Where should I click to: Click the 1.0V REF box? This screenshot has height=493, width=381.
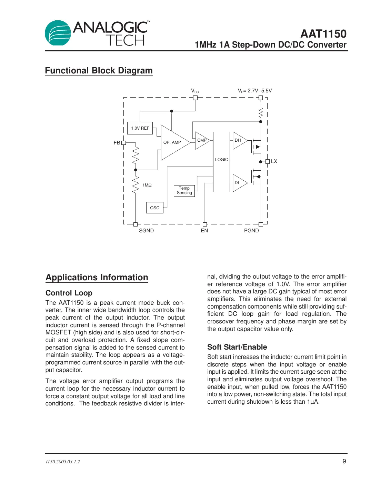(140, 128)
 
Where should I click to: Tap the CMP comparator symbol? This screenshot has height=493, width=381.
(202, 140)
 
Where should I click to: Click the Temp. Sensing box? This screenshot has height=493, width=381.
(184, 191)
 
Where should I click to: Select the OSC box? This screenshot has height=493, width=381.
(155, 208)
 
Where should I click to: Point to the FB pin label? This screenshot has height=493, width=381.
(117, 143)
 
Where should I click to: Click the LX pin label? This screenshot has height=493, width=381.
(274, 161)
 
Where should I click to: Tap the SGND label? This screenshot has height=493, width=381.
(146, 231)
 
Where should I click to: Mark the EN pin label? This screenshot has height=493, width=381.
(204, 231)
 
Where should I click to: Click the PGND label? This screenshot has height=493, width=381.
(251, 231)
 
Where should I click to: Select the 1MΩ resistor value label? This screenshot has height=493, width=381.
(147, 185)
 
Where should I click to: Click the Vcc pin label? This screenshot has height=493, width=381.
(195, 91)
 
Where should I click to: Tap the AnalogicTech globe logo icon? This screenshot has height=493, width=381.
(58, 33)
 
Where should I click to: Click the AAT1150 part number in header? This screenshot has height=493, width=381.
(323, 34)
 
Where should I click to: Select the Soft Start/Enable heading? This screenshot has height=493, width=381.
(237, 347)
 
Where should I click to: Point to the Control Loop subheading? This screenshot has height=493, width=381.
(69, 293)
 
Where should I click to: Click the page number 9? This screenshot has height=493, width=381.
(344, 461)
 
